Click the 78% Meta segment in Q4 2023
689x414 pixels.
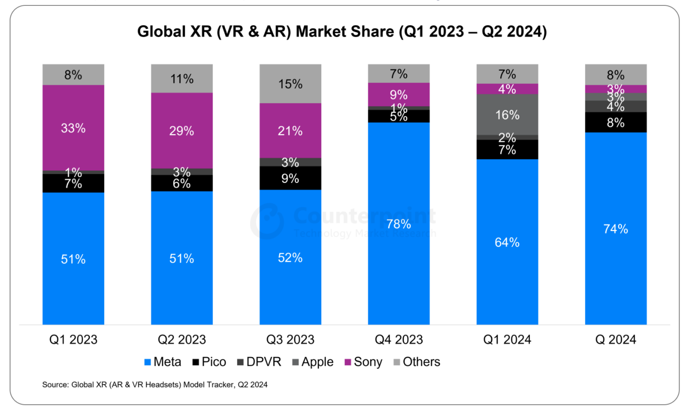(399, 223)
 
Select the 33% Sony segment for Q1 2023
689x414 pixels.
(73, 128)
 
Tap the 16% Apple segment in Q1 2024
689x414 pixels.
(507, 114)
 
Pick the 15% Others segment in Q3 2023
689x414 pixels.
(290, 84)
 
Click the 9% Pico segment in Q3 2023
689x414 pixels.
(290, 178)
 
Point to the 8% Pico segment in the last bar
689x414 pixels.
(615, 122)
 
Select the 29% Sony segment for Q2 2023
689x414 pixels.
(182, 131)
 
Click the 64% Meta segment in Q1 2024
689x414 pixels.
(507, 242)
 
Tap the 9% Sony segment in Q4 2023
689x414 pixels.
(399, 95)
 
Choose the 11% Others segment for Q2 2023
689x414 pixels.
(182, 78)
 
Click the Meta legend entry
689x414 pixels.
(162, 362)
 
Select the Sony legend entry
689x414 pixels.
(363, 362)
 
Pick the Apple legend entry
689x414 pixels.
(313, 362)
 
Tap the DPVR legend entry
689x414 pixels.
(259, 362)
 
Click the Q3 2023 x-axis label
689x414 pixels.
(290, 340)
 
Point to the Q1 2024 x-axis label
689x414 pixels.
(507, 340)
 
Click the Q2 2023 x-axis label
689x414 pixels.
(182, 340)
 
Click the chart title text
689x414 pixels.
(342, 31)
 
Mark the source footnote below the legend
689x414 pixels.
(155, 384)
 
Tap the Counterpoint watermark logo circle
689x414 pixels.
(267, 221)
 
